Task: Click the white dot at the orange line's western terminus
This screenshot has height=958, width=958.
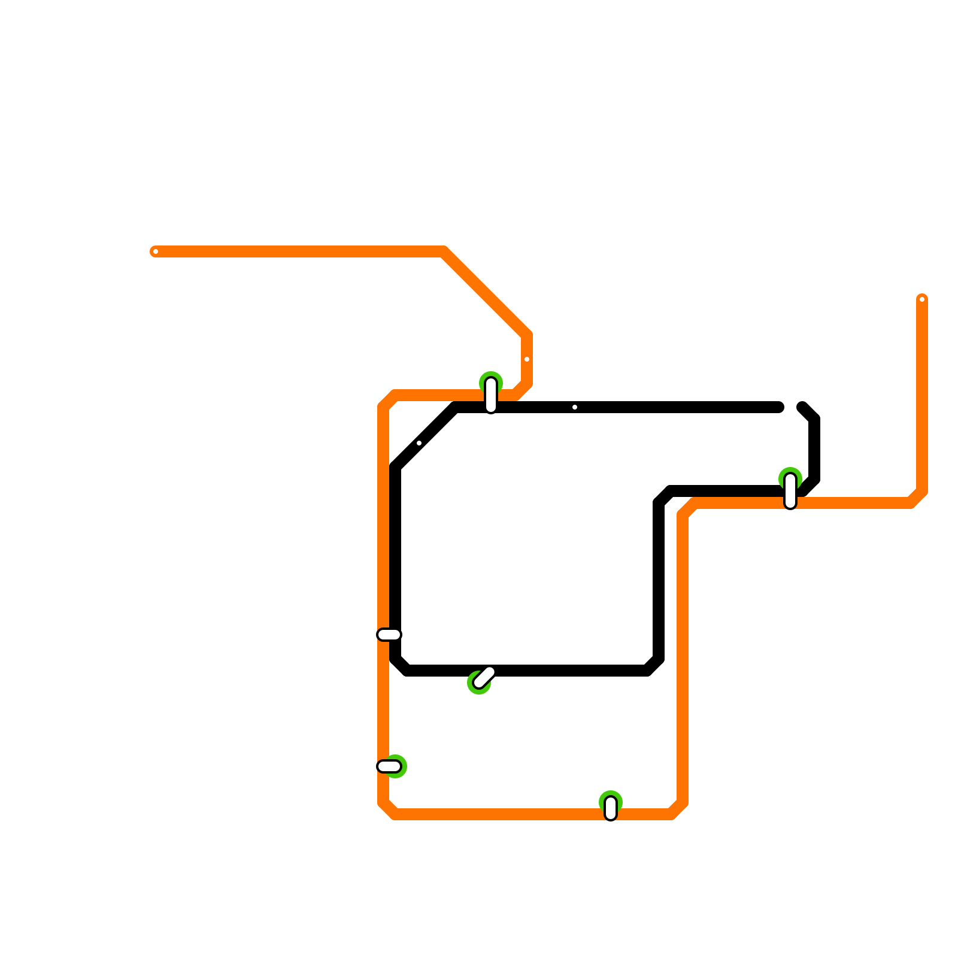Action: [156, 251]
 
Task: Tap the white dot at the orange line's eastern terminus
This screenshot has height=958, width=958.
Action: [922, 299]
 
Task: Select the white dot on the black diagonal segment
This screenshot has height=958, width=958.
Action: [419, 443]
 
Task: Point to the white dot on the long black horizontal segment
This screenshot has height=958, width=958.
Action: [575, 407]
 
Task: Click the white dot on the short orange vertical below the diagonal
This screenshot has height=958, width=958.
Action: [527, 359]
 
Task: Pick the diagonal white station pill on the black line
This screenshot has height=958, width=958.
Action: [484, 677]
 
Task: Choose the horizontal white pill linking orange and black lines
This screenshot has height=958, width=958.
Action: [389, 635]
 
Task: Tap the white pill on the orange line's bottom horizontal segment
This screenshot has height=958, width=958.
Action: [611, 808]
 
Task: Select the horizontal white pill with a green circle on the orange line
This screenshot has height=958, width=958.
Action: [389, 766]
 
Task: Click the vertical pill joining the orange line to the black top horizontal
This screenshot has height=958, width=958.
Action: [491, 395]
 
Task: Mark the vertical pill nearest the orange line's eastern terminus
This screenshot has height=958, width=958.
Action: [790, 491]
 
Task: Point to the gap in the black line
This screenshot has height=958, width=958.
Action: [791, 407]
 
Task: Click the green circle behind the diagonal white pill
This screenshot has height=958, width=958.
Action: [478, 683]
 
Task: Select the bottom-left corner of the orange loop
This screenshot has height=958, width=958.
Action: [388, 810]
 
